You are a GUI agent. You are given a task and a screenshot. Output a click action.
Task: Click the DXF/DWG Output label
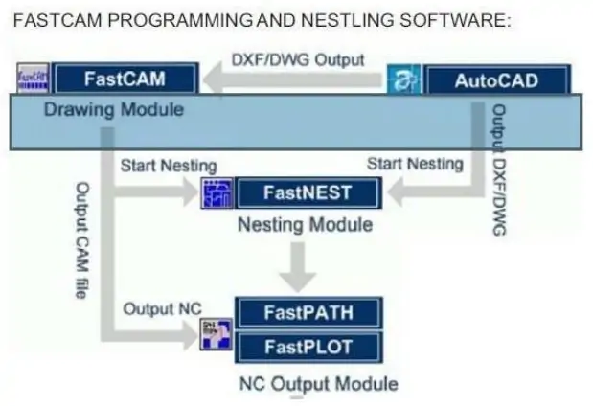(298, 59)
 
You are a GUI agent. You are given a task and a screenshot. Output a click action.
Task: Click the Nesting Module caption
(305, 225)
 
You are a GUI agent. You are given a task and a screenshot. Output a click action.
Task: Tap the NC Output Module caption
(318, 384)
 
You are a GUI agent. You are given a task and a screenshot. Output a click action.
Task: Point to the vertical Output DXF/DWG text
(496, 172)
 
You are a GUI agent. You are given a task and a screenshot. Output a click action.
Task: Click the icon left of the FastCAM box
(34, 78)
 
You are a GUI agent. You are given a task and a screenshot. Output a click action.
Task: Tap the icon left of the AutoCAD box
(403, 80)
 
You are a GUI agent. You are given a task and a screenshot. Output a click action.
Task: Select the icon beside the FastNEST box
(216, 193)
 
